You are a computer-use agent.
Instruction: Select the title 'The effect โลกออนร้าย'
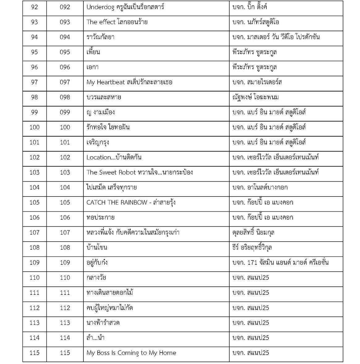117,22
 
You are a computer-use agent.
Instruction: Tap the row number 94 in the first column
34,37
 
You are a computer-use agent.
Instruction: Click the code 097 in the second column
65,82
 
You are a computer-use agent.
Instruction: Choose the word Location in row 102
99,157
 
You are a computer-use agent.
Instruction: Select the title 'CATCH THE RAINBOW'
117,202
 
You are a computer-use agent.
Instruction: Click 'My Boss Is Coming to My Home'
131,353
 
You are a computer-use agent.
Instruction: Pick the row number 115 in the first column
34,353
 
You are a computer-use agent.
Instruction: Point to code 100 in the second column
65,127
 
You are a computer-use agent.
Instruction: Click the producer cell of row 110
251,277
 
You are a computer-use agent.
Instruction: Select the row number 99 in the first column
34,112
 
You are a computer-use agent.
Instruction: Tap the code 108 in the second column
65,248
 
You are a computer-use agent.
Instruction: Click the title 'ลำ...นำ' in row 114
95,338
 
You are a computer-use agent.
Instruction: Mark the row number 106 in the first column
34,218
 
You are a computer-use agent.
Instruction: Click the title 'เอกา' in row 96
92,67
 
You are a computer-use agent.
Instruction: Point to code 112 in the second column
65,308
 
